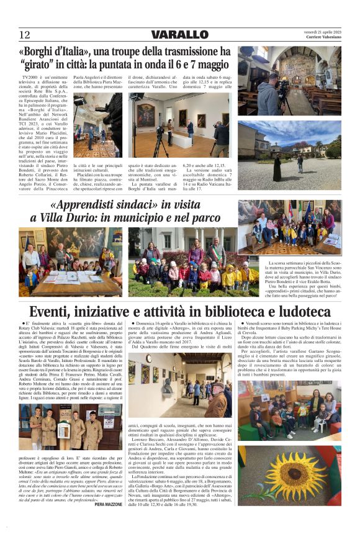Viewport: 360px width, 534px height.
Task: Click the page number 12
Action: coord(25,35)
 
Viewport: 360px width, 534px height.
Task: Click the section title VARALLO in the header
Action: coord(179,35)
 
